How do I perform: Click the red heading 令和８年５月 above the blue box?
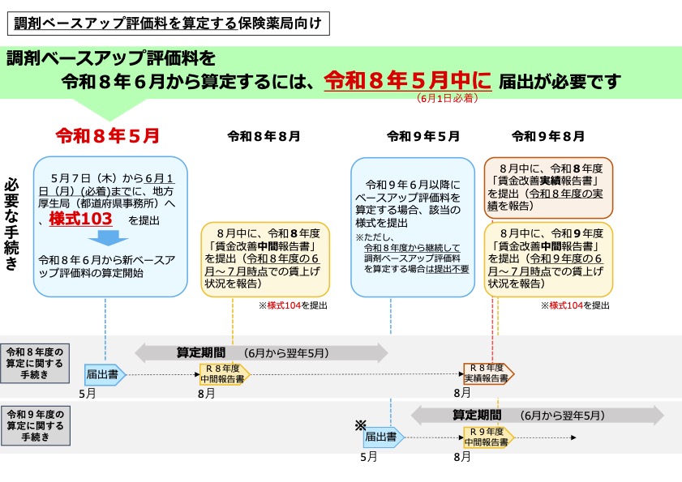coord(107,135)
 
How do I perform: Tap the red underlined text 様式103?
coord(80,220)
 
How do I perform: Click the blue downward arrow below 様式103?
coord(108,238)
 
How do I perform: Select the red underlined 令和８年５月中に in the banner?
coord(408,80)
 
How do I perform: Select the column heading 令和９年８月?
coord(548,136)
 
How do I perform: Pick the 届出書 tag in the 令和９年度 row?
coord(383,437)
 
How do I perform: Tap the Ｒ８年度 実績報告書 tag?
coord(488,373)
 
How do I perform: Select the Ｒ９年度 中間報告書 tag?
coord(487,437)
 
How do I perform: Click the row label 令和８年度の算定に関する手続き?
coord(39,362)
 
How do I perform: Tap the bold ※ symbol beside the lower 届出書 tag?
coord(361,425)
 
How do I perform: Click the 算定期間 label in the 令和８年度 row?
coord(201,352)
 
